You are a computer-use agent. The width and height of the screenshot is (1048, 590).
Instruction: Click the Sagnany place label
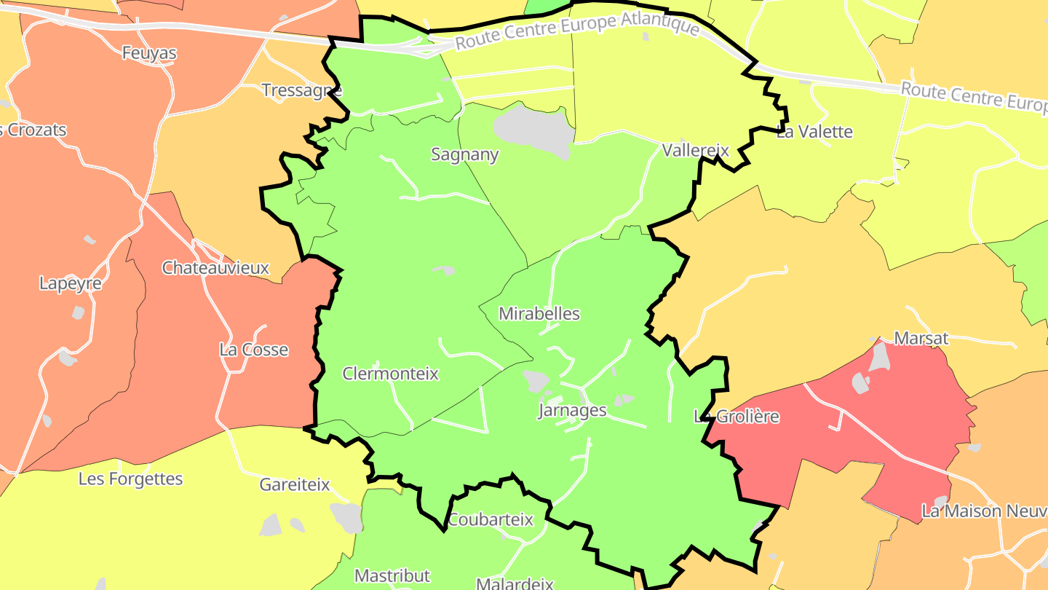[x=465, y=154]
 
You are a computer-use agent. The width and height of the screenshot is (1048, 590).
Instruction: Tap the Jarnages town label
[x=572, y=410]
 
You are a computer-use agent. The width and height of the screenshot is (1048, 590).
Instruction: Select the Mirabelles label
[x=539, y=314]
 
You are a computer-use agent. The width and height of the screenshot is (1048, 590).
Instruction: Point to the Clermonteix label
[x=391, y=374]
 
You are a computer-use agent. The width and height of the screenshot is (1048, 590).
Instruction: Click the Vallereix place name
[x=695, y=150]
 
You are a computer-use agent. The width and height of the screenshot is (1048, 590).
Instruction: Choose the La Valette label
[x=814, y=132]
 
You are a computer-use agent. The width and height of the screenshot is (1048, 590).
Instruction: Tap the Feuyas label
[x=149, y=53]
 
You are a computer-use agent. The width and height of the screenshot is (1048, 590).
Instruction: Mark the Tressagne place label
[x=301, y=90]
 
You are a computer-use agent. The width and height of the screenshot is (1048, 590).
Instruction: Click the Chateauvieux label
[x=215, y=268]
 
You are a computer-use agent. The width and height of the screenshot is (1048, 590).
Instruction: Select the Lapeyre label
[x=71, y=283]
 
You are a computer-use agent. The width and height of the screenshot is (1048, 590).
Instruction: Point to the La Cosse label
[x=254, y=350]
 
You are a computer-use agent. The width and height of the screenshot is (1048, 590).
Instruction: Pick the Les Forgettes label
[x=131, y=479]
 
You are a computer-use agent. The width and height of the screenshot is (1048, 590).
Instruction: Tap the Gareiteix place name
[x=295, y=484]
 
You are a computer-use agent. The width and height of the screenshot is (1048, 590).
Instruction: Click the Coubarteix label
[x=491, y=520]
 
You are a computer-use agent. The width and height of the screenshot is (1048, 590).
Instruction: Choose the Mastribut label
[x=392, y=575]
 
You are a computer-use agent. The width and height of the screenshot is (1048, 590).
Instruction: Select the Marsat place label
[x=921, y=338]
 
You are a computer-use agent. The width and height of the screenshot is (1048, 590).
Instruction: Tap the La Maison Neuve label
[x=982, y=511]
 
